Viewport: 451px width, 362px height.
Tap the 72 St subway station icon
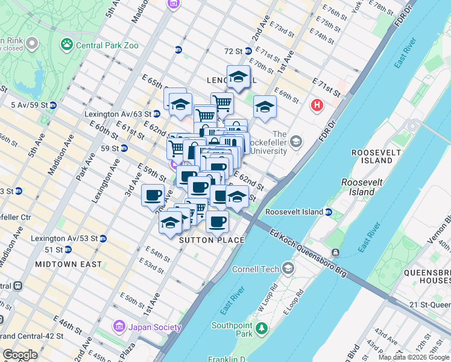178,50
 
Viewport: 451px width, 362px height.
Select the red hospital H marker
317,106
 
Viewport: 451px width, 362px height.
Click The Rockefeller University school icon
295,142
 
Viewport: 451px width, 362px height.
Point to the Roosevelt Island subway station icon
329,212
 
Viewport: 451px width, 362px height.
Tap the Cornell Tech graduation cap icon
288,268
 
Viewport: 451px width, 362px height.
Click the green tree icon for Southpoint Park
261,328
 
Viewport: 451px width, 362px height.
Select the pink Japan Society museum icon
119,327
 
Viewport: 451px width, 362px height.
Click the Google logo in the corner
20,354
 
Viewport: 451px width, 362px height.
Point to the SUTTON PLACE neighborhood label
212,240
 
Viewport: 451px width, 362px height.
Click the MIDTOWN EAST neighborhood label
62,264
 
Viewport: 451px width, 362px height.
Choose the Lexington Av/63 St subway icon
156,113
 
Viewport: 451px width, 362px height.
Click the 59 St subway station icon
124,148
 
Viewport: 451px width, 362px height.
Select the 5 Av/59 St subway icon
53,105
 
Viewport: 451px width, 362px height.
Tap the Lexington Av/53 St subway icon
103,238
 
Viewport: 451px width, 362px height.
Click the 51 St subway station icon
68,249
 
